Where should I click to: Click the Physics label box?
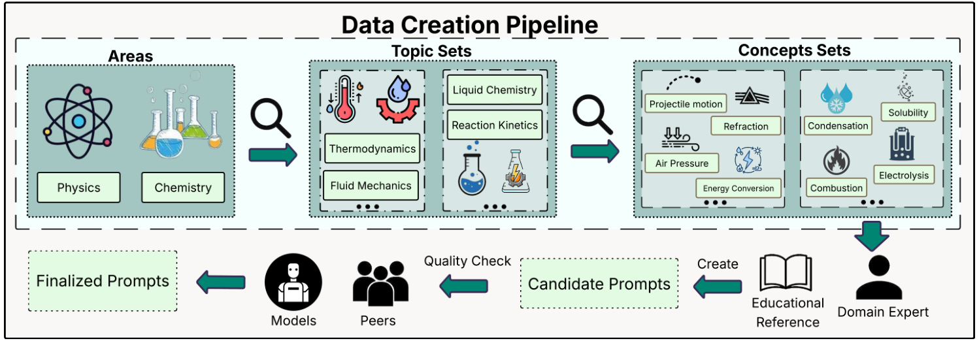pos(78,188)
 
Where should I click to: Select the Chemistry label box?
pos(183,188)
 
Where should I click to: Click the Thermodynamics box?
pos(372,149)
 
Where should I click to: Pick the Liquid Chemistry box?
pos(495,90)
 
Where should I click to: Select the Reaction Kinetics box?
pos(495,125)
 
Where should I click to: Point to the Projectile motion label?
pos(686,104)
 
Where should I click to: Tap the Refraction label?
pos(746,126)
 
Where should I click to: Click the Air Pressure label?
pos(681,163)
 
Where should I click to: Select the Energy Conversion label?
pos(738,188)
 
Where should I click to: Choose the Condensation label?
pos(838,125)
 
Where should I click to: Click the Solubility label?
pos(908,112)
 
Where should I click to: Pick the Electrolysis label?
pos(903,175)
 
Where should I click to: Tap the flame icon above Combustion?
pos(836,160)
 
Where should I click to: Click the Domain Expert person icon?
pos(878,277)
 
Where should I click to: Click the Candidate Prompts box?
pos(599,284)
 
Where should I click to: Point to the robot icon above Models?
pos(293,282)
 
